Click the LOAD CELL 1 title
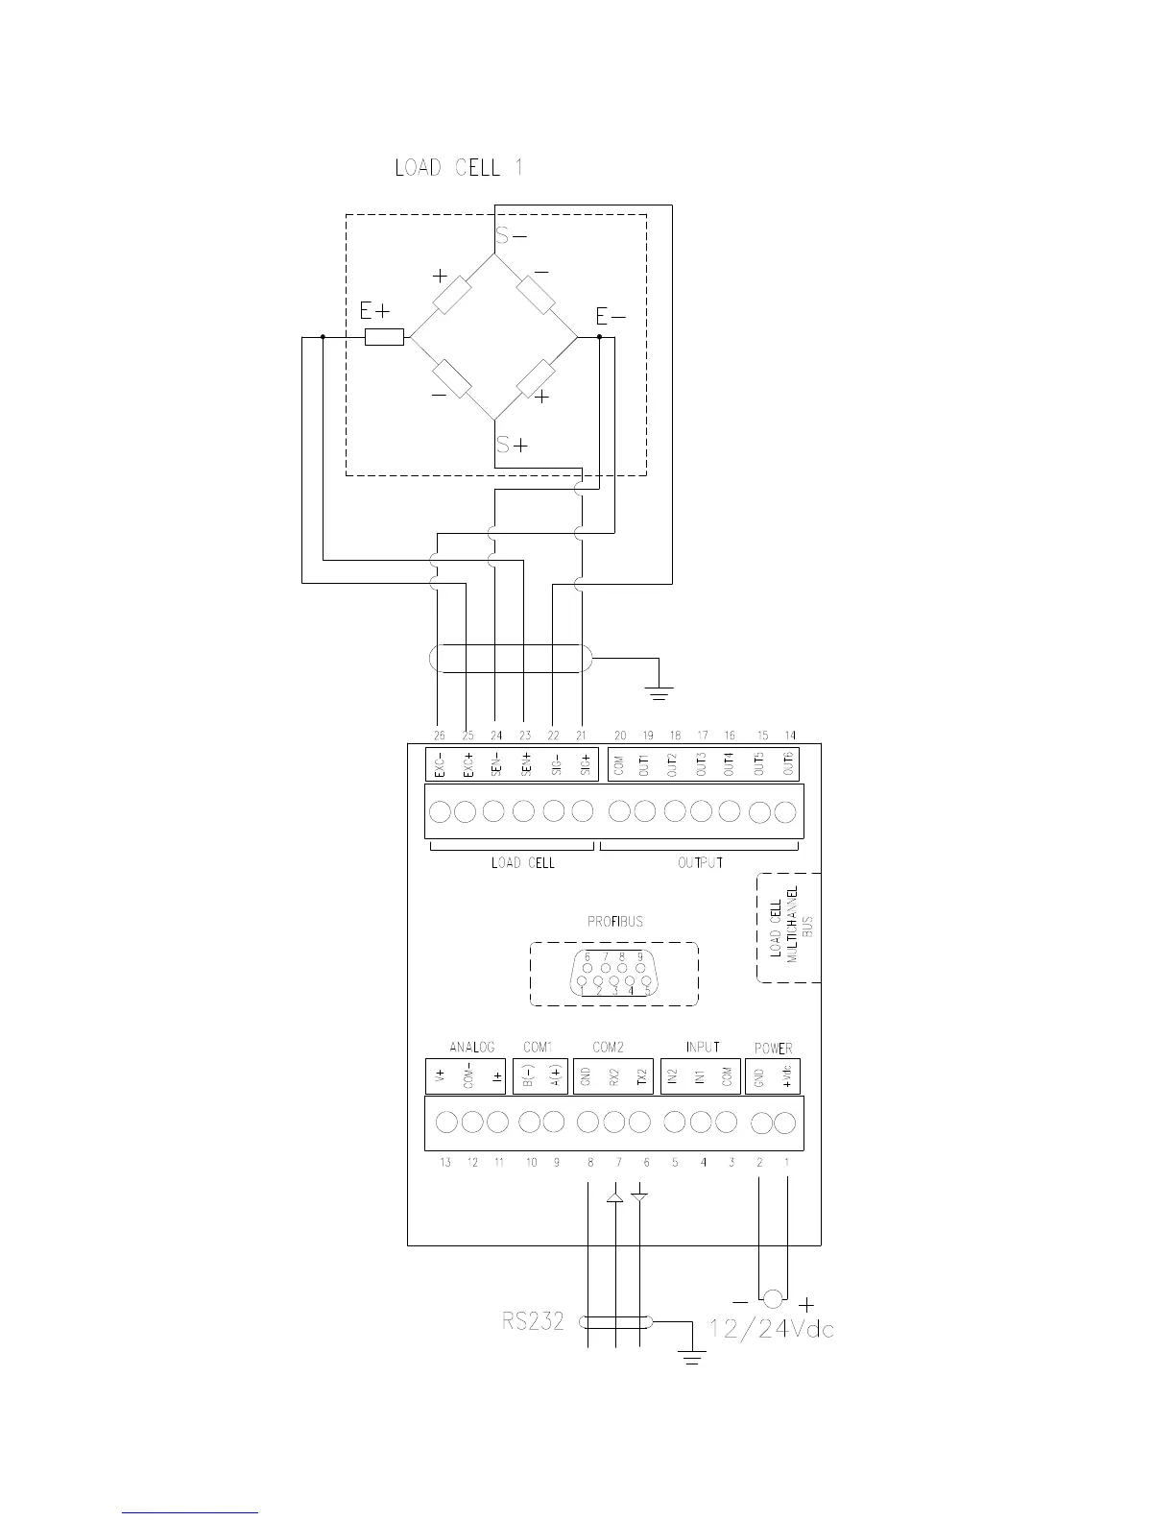(459, 168)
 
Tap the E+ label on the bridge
(374, 311)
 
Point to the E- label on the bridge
(611, 317)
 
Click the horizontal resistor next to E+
(384, 337)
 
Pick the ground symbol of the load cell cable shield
(659, 689)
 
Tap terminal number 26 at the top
(439, 736)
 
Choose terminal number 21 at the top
(581, 736)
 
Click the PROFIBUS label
(615, 922)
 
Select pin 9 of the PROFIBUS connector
(639, 956)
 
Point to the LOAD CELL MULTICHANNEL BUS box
(790, 928)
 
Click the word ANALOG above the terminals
(471, 1047)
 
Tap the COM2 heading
(609, 1047)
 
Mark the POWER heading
(774, 1048)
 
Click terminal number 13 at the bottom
(445, 1163)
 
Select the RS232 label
(533, 1322)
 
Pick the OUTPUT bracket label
(701, 862)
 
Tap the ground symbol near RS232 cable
(691, 1354)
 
